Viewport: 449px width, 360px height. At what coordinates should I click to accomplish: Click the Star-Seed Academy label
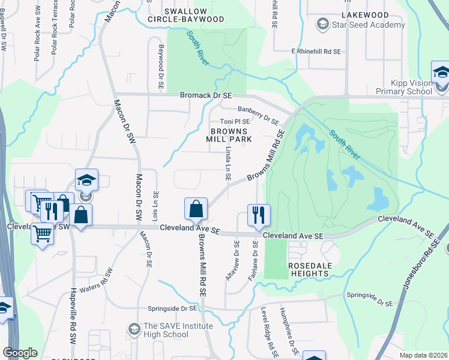(x=370, y=25)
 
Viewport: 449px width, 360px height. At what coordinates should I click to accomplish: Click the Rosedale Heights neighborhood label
(x=309, y=269)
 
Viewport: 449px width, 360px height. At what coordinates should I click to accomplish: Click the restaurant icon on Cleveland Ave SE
(x=259, y=215)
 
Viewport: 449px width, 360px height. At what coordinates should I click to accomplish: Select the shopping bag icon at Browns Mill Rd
(x=196, y=209)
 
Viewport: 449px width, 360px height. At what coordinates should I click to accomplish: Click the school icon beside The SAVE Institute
(x=133, y=329)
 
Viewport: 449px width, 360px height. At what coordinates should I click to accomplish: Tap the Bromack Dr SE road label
(x=206, y=95)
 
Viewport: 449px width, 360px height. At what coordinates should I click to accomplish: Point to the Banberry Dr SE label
(x=262, y=109)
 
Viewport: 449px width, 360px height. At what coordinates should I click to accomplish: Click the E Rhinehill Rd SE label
(x=316, y=52)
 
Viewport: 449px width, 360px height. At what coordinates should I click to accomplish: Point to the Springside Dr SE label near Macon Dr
(x=173, y=309)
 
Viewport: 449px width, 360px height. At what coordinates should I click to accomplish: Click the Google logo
(x=20, y=353)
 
